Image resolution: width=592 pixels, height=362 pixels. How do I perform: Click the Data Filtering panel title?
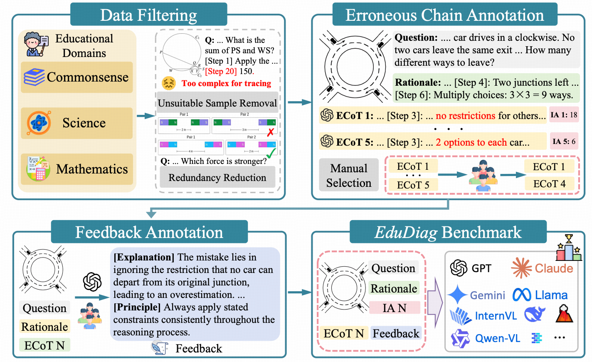pyautogui.click(x=148, y=15)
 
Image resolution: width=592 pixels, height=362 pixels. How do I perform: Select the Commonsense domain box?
pyautogui.click(x=77, y=77)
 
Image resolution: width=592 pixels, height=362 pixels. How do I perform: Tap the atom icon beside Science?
pyautogui.click(x=39, y=123)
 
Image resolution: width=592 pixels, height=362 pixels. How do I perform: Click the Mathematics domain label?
pyautogui.click(x=92, y=169)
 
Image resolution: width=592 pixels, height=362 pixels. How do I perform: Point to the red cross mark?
pyautogui.click(x=271, y=132)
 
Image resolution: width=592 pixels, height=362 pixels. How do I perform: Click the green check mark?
pyautogui.click(x=271, y=154)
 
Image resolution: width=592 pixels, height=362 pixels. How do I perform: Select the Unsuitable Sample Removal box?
pyautogui.click(x=217, y=103)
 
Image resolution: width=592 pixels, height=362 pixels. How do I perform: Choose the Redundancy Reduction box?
pyautogui.click(x=217, y=178)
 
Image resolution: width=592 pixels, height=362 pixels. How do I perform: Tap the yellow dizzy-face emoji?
pyautogui.click(x=169, y=84)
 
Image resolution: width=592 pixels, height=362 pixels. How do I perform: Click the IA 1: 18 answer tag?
pyautogui.click(x=564, y=115)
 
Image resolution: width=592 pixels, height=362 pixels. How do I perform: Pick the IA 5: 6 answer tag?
pyautogui.click(x=564, y=141)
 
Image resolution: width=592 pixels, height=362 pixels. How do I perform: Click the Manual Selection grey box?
pyautogui.click(x=349, y=175)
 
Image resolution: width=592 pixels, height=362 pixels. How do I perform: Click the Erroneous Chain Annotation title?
pyautogui.click(x=444, y=15)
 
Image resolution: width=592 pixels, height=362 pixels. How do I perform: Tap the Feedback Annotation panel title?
pyautogui.click(x=149, y=232)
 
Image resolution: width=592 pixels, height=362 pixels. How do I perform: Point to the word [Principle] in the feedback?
pyautogui.click(x=137, y=307)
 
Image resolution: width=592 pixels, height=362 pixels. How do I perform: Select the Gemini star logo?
pyautogui.click(x=457, y=295)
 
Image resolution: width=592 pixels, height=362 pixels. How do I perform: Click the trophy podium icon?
pyautogui.click(x=568, y=248)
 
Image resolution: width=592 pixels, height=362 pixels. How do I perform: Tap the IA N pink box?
pyautogui.click(x=394, y=308)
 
